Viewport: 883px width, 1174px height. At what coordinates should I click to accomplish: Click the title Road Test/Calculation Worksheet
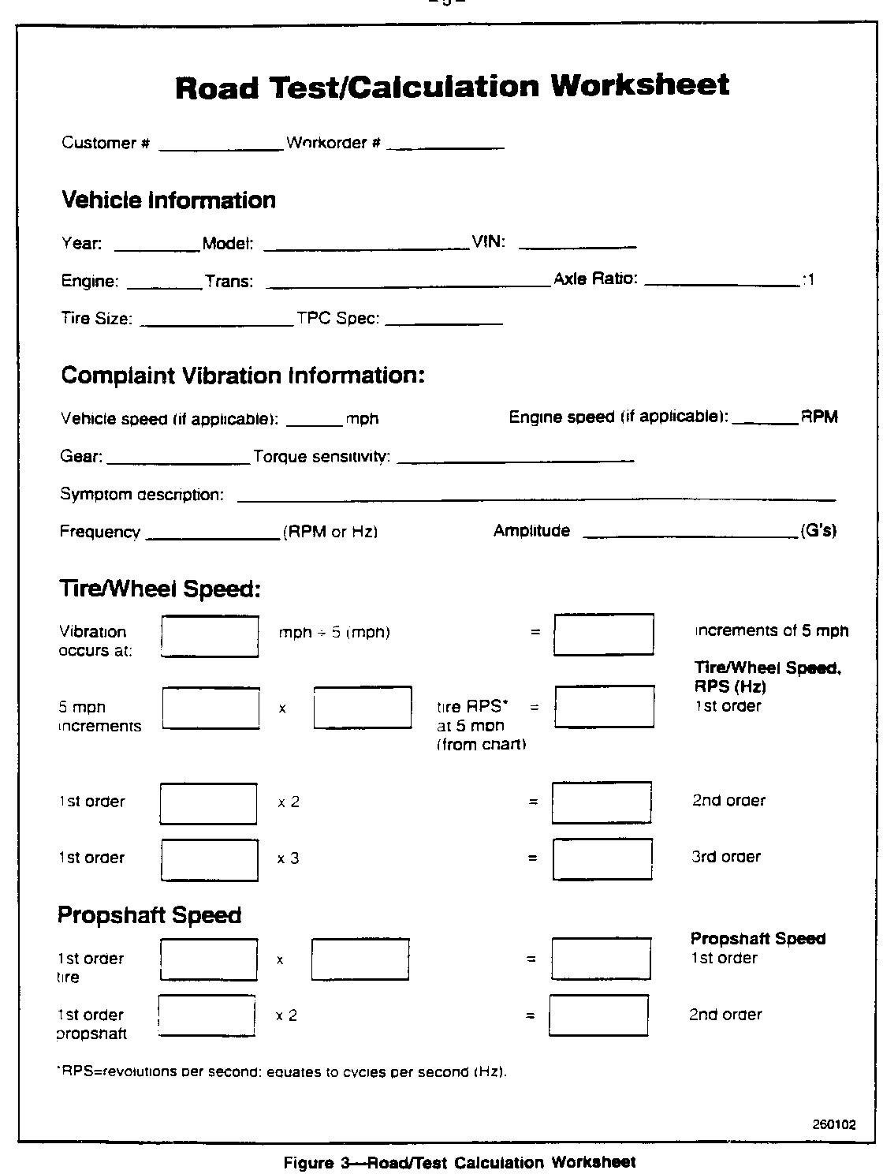[452, 86]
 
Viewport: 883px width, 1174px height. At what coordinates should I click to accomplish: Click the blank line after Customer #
[221, 145]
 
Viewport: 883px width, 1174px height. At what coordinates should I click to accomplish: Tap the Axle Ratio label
[595, 279]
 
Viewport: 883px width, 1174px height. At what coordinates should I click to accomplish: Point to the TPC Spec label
[338, 320]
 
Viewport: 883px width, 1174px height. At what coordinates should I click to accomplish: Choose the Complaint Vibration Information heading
[243, 376]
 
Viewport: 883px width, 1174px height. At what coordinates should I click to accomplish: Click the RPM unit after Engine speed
[819, 417]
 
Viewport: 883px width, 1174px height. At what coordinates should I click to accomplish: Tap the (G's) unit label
[818, 531]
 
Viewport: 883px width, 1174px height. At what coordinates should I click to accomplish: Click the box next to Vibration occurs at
[210, 637]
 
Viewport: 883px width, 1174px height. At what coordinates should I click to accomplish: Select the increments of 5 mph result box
[603, 635]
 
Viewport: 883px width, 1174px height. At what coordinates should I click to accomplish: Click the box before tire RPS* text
[363, 708]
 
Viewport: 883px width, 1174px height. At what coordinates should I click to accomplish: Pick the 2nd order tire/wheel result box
[602, 802]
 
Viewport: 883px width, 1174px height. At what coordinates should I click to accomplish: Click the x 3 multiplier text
[288, 858]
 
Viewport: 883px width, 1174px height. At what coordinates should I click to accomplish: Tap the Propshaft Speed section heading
[149, 915]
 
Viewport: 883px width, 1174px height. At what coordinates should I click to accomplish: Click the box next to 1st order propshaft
[207, 1015]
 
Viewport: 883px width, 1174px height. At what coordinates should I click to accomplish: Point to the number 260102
[834, 1125]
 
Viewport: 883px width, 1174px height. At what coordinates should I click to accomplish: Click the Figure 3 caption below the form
[459, 1162]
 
